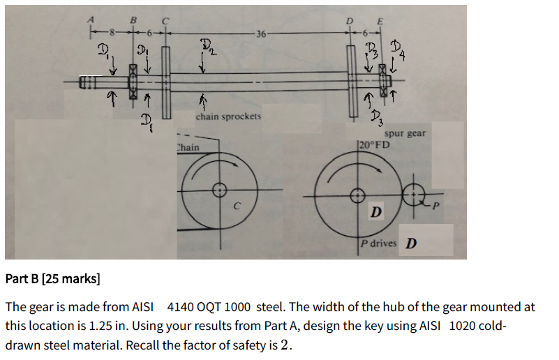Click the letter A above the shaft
click(89, 20)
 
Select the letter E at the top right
click(380, 21)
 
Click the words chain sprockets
click(228, 117)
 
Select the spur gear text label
click(405, 133)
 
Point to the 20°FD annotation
click(375, 144)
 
